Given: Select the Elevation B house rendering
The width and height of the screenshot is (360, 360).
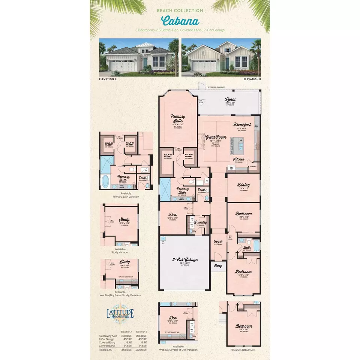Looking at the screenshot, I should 221,57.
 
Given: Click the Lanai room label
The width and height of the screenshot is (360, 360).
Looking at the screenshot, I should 230,100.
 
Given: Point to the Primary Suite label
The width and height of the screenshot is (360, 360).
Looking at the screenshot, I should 178,118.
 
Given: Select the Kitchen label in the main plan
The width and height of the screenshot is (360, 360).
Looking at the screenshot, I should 238,159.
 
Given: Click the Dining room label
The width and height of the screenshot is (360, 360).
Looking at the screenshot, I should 244,185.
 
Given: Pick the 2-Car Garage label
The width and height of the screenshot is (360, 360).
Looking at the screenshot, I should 185,259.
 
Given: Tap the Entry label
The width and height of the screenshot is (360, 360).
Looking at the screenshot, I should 218,266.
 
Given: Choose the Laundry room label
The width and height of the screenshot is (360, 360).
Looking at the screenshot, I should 201,223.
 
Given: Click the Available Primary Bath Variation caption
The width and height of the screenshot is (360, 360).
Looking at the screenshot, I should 126,195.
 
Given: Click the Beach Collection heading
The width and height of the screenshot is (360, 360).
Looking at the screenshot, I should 180,11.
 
